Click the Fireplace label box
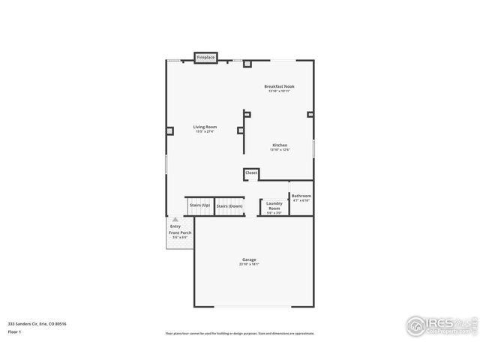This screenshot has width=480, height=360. pos(205,58)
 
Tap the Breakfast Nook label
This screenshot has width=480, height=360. pos(279,86)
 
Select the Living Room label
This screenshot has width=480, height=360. pos(205,127)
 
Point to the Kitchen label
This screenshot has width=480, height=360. pos(280,145)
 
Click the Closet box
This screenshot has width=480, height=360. pos(251,173)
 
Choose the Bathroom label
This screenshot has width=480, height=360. pos(301,196)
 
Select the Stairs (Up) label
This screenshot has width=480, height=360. pos(199,205)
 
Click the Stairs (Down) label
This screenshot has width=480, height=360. pos(229,205)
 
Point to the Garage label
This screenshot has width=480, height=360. pos(248,259)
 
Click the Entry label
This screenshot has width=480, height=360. pos(175,226)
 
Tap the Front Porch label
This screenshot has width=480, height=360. pos(180,232)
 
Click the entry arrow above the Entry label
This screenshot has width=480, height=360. pos(175,219)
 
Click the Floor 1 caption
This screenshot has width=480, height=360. pos(15,331)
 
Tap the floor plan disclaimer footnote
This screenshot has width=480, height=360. pos(240,334)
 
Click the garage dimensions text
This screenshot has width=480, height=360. pos(248,264)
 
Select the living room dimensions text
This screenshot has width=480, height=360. pos(205,131)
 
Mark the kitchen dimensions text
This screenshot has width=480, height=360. pos(280,149)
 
